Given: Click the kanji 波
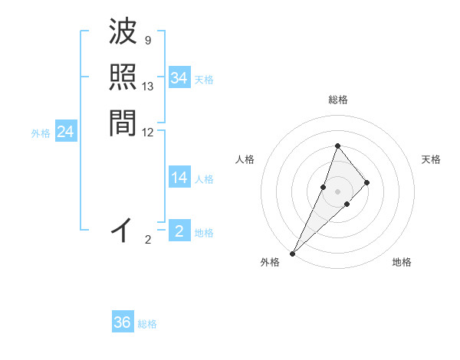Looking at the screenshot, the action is (x=123, y=33).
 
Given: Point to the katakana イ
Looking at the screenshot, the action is (x=123, y=229).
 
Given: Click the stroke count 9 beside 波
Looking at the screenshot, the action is (x=147, y=40).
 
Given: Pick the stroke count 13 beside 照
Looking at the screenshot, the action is (x=148, y=87).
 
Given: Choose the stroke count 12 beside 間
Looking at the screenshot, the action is (x=148, y=132).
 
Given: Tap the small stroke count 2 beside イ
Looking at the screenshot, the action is (x=148, y=240).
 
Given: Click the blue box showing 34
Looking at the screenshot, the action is (x=179, y=78).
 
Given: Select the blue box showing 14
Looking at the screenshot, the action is (x=179, y=178).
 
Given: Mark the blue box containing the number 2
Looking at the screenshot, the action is (x=179, y=231).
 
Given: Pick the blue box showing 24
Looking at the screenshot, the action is (x=65, y=133).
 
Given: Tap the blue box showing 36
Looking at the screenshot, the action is (x=123, y=322).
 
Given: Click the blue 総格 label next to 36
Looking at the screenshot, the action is (x=148, y=324).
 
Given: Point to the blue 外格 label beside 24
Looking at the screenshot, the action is (x=41, y=133).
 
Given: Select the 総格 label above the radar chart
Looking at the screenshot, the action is (x=338, y=100).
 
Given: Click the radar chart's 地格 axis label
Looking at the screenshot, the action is (x=402, y=262).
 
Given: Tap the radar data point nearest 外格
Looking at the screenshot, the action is (x=293, y=253).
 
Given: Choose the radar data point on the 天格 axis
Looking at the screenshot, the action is (x=367, y=182).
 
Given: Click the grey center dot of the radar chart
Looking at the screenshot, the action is (x=338, y=191).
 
